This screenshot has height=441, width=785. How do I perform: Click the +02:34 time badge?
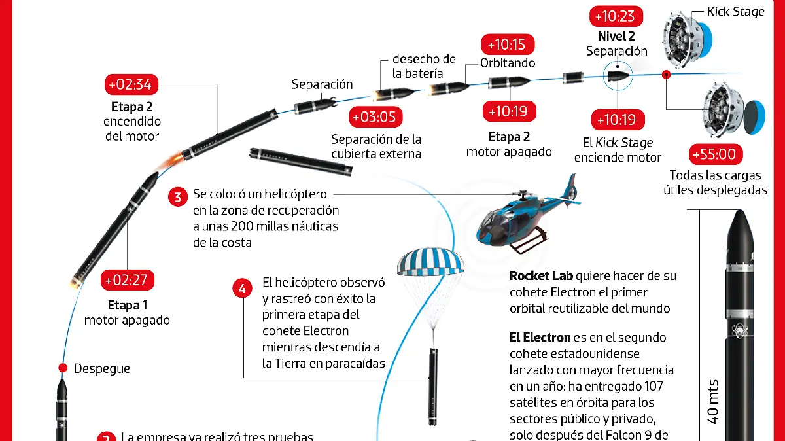(131, 85)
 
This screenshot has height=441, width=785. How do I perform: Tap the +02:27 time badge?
(128, 280)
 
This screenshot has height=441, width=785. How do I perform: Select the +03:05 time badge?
(376, 117)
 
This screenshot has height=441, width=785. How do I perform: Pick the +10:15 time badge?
(508, 44)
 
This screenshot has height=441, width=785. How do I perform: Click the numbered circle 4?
(243, 287)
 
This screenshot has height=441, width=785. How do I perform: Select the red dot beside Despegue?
(63, 368)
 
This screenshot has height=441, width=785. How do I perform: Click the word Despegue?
(102, 368)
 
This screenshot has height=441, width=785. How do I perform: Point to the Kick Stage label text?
(735, 11)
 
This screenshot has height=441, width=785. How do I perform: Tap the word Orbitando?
(508, 63)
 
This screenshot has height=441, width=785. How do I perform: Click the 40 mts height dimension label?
(714, 400)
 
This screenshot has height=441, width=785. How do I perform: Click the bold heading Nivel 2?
(616, 37)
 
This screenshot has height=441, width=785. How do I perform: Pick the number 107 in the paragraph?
(660, 387)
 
